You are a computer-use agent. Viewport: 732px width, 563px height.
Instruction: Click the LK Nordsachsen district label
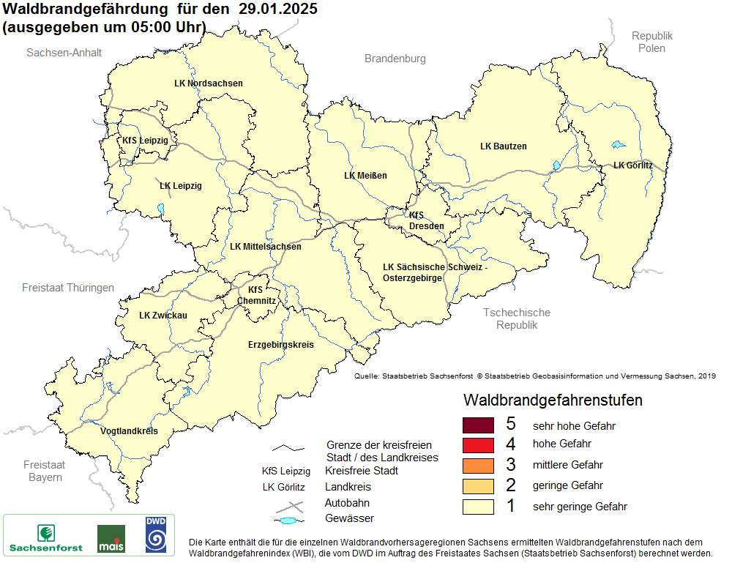tap(209, 83)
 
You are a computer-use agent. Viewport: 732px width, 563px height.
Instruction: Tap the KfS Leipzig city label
tap(145, 140)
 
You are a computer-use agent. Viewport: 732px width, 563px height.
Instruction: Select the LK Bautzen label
tap(503, 146)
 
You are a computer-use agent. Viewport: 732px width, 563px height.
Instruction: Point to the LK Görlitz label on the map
tap(632, 165)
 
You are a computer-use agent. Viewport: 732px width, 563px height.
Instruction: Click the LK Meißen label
tap(365, 176)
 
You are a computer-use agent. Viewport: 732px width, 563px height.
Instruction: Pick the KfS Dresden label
tap(426, 221)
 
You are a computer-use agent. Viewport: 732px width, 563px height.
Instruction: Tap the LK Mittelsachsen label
tap(265, 247)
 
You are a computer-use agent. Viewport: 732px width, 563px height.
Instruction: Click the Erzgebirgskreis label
tap(280, 344)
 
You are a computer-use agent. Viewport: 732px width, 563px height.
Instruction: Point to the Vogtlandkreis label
tap(129, 431)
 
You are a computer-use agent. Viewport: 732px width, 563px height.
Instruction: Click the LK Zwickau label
tap(163, 316)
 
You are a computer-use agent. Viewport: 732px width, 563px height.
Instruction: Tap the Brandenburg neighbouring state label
tap(395, 59)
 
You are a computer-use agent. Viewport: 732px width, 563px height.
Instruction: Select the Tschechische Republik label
tap(516, 318)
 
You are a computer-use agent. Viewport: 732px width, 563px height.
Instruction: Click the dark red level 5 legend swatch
tap(479, 425)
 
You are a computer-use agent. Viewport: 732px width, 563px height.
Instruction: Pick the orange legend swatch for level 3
tap(479, 466)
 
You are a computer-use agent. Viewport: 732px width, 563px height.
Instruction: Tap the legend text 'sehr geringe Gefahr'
tap(580, 507)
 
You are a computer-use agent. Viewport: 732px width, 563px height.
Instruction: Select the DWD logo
tap(155, 535)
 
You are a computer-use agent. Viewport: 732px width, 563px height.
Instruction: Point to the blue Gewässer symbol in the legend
tap(289, 521)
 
